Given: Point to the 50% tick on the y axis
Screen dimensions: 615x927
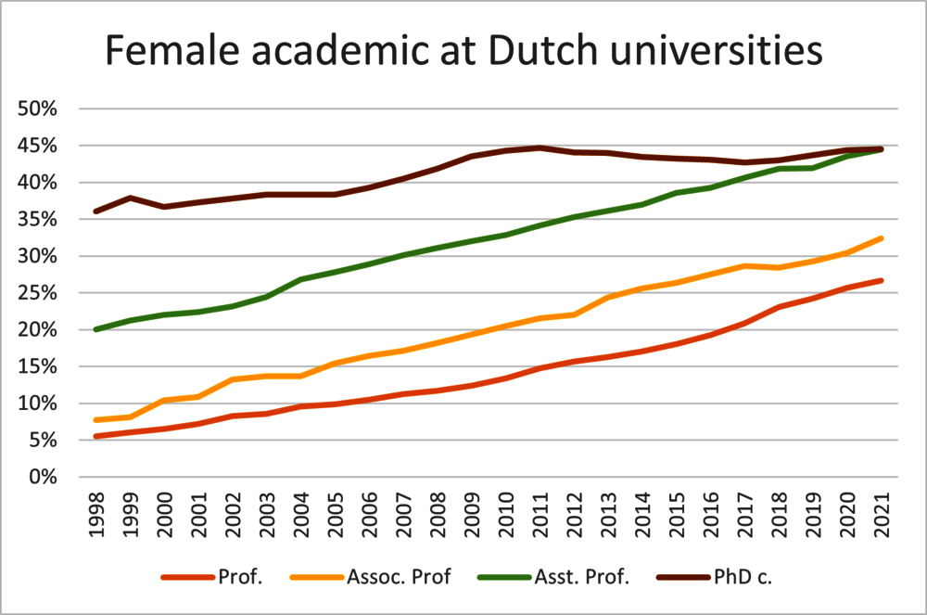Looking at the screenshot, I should point(38,109).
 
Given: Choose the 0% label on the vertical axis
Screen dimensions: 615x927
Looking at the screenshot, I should point(44,477).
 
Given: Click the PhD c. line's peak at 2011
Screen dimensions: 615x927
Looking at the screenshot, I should point(540,147).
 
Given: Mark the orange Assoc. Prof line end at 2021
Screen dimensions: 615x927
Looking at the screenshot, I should point(882,238).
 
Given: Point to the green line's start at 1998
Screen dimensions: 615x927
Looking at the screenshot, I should point(95,329).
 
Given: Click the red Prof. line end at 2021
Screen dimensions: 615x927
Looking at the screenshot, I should point(882,280).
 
